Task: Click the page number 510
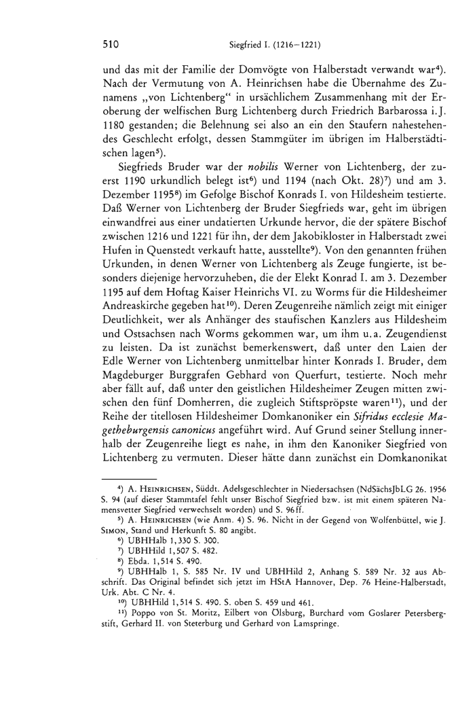point(111,46)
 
